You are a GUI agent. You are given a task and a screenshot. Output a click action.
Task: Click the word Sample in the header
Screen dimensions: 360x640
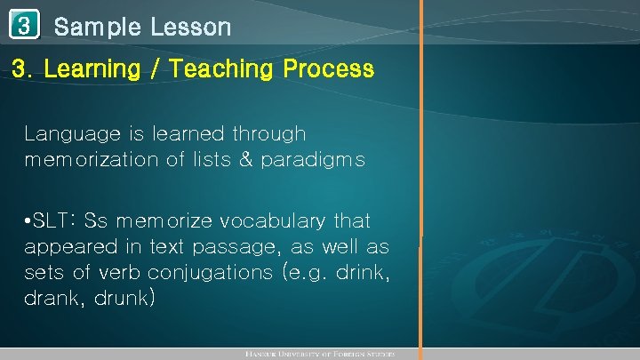coord(97,28)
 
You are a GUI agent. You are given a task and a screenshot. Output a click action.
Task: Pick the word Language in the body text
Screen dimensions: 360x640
coord(76,134)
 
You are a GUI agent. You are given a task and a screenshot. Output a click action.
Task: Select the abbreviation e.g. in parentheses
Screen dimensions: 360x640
coord(314,272)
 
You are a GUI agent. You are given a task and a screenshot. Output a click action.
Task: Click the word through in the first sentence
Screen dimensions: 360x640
coord(268,134)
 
